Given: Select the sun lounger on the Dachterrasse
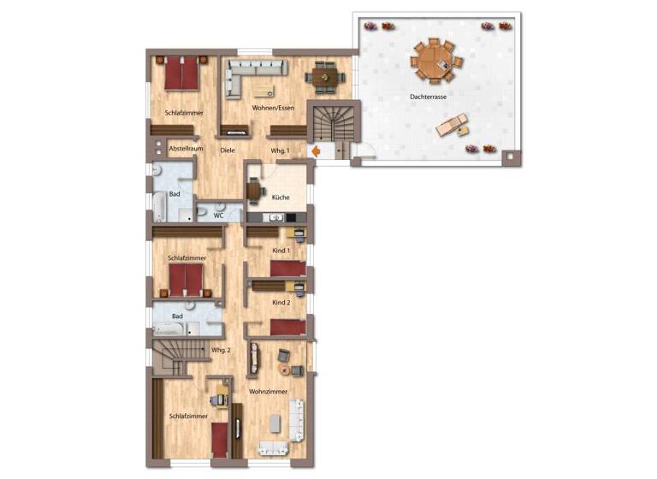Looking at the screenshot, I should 450,127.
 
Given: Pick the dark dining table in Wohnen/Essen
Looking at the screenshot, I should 325,78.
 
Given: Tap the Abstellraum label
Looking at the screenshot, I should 185,149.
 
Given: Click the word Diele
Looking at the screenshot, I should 227,151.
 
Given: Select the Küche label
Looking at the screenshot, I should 281,198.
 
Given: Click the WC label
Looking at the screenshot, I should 218,216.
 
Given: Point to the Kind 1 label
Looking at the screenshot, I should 281,250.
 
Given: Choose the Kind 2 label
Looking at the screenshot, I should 281,303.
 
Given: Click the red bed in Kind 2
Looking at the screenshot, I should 287,326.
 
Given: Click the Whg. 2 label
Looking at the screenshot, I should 221,350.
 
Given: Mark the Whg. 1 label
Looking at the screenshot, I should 280,151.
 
